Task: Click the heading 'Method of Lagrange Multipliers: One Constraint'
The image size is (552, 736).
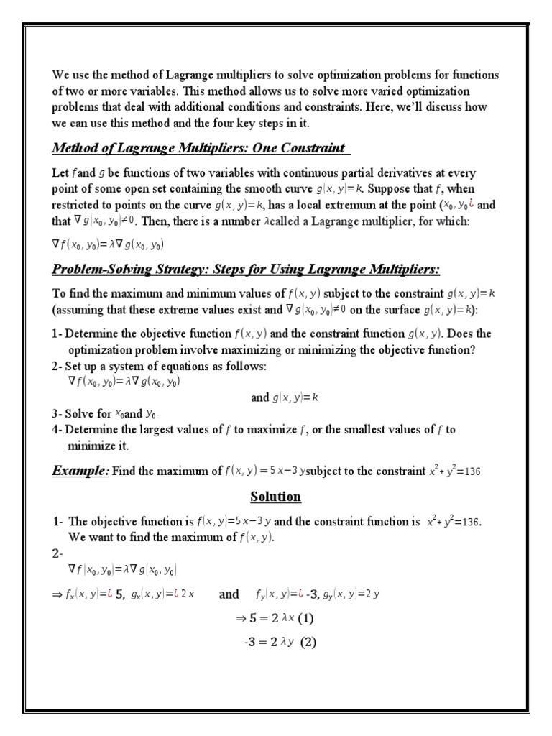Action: coord(201,148)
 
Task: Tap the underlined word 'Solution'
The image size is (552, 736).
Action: coord(275,497)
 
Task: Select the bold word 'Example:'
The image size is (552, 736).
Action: coord(80,471)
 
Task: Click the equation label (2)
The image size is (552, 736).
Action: coord(308,643)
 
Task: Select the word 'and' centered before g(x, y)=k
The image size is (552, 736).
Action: coord(259,397)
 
